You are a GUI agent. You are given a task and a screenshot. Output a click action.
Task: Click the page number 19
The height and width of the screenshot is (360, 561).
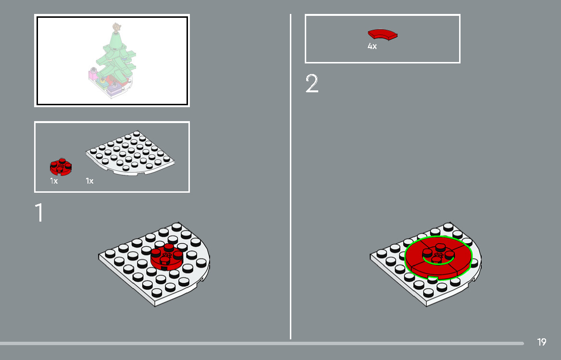pyautogui.click(x=541, y=342)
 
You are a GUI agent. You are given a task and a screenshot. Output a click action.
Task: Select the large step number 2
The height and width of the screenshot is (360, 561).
pyautogui.click(x=312, y=84)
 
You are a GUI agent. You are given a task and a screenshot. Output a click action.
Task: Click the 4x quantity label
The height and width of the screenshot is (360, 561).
pyautogui.click(x=372, y=47)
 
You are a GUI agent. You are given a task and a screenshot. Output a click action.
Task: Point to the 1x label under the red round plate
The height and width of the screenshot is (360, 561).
pyautogui.click(x=54, y=181)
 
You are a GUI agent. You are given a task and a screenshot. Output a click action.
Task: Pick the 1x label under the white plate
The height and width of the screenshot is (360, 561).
pyautogui.click(x=89, y=181)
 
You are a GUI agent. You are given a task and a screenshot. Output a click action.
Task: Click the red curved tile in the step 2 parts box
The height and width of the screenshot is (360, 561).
pyautogui.click(x=383, y=34)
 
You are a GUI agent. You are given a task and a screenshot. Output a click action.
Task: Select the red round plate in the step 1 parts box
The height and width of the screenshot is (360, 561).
pyautogui.click(x=61, y=167)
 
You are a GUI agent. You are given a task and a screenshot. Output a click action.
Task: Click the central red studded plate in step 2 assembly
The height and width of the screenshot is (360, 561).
pyautogui.click(x=438, y=252)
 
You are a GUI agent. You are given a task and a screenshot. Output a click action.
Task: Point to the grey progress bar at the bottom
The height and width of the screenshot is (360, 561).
pyautogui.click(x=260, y=343)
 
